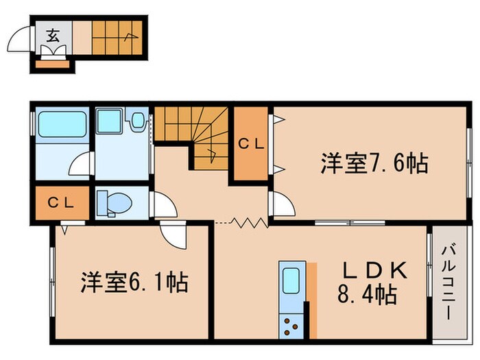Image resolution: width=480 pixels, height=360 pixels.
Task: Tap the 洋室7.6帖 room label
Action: pos(374,163)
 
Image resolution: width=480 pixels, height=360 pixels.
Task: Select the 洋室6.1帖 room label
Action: pos(134,282)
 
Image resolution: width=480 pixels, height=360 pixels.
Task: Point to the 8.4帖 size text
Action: pos(367,296)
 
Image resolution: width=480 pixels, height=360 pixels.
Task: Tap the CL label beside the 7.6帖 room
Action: pos(252,144)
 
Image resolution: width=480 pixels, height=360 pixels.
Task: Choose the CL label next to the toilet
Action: pos(62,204)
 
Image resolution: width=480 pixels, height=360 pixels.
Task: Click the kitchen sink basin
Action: pos(290,281)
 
